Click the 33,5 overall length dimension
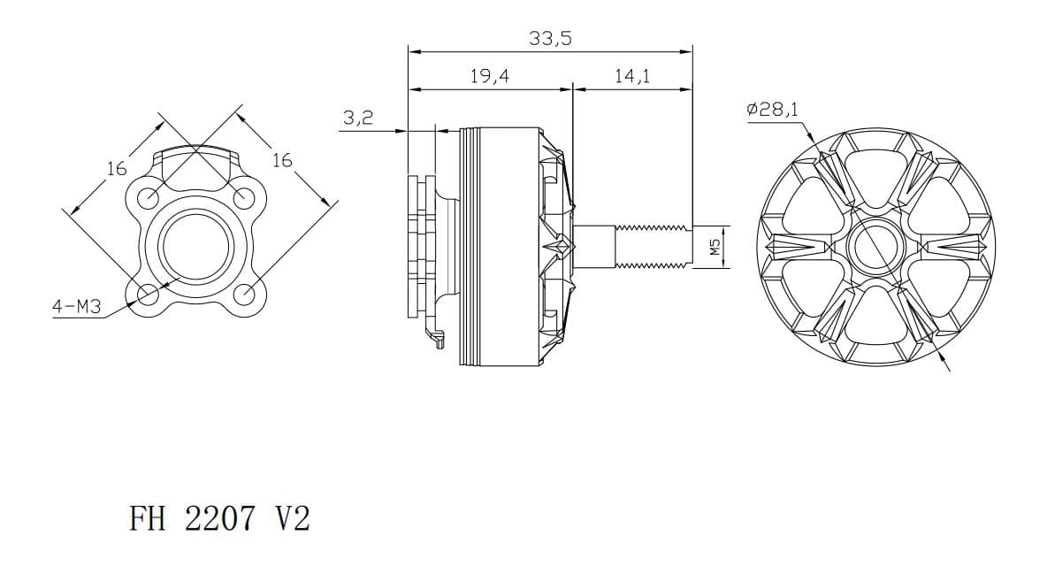(x=550, y=39)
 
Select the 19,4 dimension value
(x=489, y=76)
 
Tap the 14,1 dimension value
(x=632, y=76)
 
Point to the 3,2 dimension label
(x=358, y=119)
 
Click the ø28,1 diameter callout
(x=772, y=109)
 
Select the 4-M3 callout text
(x=77, y=307)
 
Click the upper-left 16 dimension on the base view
(x=117, y=168)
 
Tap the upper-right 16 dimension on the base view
(x=282, y=160)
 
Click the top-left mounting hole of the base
(x=149, y=197)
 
